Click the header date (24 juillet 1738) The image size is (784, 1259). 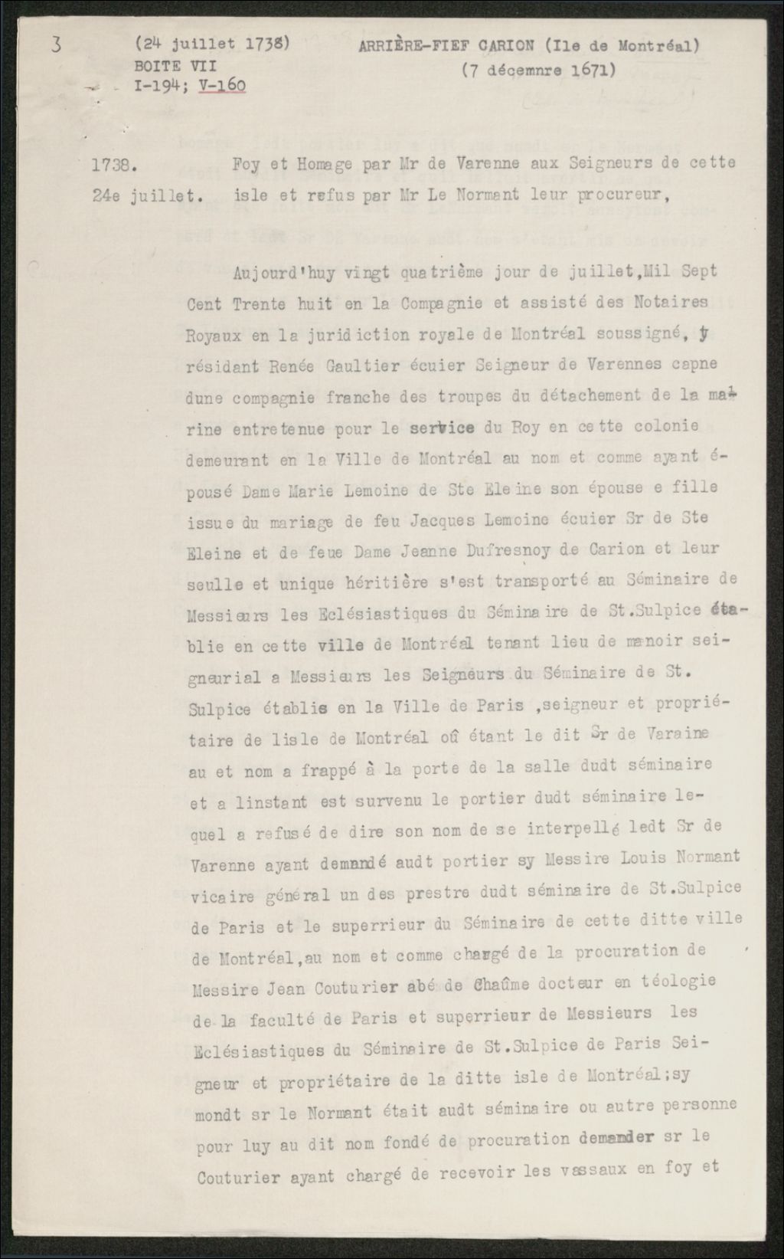(212, 44)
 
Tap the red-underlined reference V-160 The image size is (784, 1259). (222, 86)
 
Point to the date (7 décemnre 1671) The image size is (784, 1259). (539, 70)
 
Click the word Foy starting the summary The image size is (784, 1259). (247, 163)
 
